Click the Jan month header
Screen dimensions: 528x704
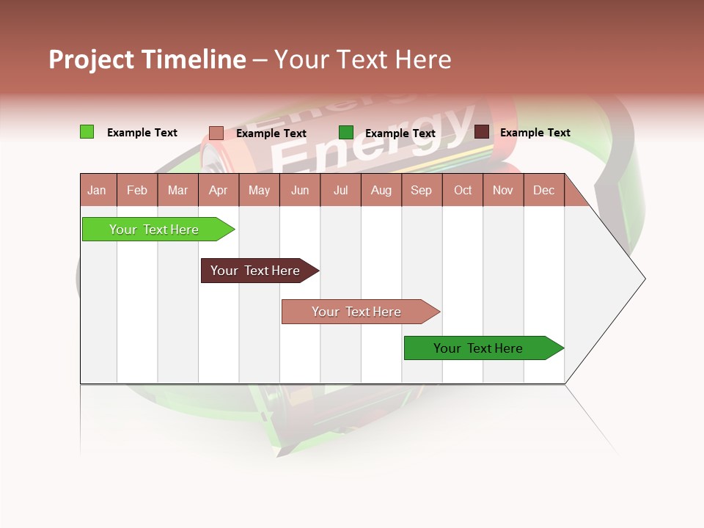pos(98,190)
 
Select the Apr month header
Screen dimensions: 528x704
pos(219,190)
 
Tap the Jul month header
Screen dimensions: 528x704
pos(340,190)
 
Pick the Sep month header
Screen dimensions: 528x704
pos(422,190)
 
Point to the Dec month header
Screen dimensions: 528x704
pos(543,190)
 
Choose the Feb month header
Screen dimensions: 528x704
pos(137,190)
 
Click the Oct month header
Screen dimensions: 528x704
pos(463,190)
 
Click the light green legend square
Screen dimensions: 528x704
pos(87,132)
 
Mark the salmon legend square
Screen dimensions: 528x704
pos(216,133)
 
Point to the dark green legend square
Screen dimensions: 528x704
pos(346,132)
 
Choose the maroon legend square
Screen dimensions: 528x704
pos(481,132)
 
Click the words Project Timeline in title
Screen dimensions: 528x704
pos(147,59)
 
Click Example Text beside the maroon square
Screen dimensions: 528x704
pos(535,133)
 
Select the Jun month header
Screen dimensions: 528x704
pos(300,190)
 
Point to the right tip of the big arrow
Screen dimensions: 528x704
pos(643,279)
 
